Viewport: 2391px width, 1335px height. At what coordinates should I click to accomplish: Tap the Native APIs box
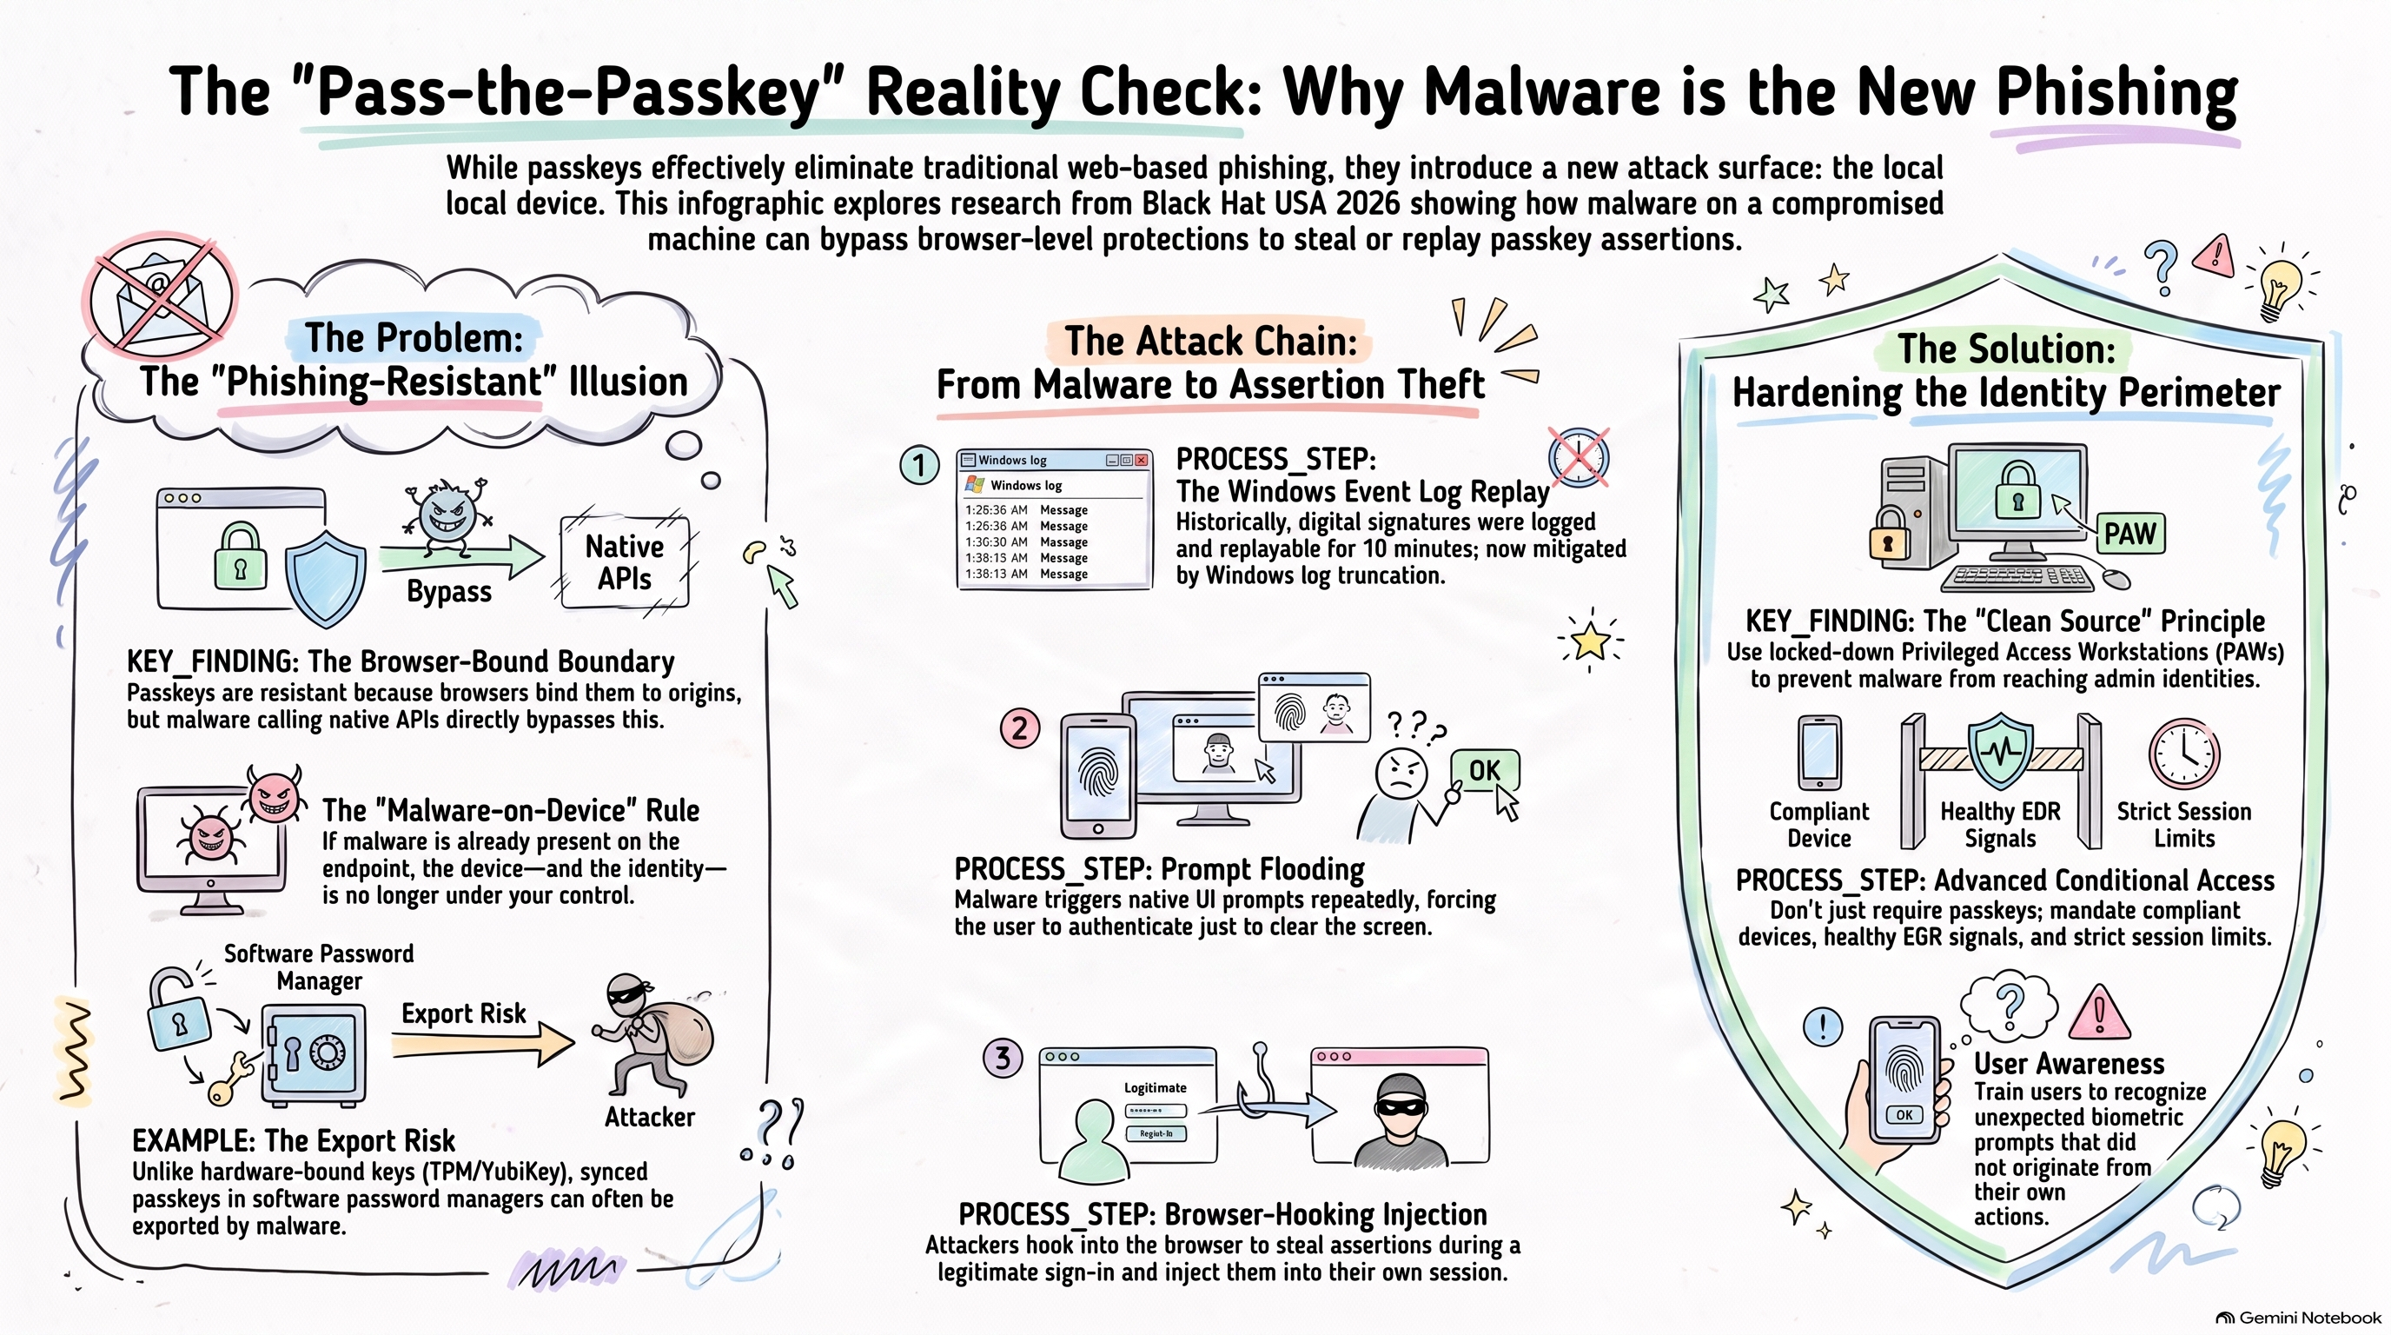point(625,562)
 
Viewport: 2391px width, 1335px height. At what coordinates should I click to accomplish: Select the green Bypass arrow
point(461,556)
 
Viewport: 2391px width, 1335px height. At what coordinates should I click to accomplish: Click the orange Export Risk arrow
point(483,1044)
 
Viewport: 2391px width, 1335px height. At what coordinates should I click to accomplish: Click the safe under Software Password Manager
point(314,1054)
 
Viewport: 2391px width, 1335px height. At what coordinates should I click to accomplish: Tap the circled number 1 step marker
point(919,464)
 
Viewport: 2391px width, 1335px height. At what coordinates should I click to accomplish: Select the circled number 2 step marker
point(1019,727)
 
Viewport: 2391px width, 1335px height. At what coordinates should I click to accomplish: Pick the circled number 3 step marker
point(1003,1058)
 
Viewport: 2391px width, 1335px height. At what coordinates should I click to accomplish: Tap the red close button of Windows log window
point(1141,460)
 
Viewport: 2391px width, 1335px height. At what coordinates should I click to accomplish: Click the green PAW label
point(2129,534)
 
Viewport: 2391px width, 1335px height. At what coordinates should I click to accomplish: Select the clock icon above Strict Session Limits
point(2184,753)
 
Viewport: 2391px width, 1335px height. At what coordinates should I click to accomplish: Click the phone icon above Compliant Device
point(1819,752)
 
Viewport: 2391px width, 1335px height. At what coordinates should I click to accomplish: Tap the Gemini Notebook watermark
point(2298,1318)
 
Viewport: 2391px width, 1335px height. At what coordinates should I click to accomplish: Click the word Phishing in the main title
point(2117,94)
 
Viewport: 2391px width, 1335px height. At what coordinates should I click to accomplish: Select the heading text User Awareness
point(2069,1063)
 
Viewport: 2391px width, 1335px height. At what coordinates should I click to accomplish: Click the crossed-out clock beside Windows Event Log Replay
point(1578,458)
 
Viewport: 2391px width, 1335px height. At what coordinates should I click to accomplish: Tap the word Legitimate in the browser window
point(1155,1087)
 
